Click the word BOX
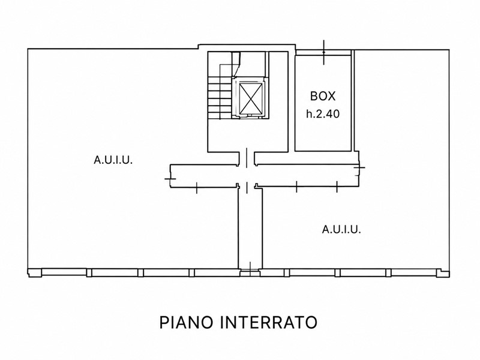click(x=323, y=96)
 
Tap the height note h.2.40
click(x=323, y=114)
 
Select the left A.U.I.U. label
click(x=113, y=160)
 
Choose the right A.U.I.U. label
click(x=341, y=229)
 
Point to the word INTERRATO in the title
click(x=269, y=322)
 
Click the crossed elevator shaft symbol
click(x=251, y=98)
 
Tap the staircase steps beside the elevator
click(x=220, y=98)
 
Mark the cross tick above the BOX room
click(x=324, y=52)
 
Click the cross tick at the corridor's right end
click(x=359, y=167)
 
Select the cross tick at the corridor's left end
click(x=170, y=178)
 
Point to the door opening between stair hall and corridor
click(x=247, y=158)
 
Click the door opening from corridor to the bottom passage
click(x=247, y=187)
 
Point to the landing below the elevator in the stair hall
click(x=247, y=134)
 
